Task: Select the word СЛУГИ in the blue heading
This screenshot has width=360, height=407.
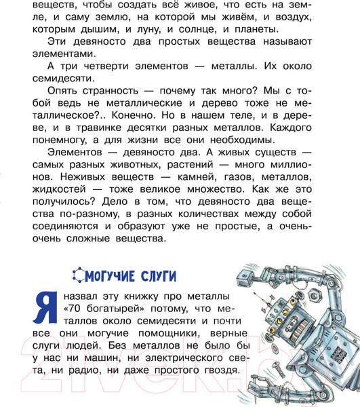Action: click(x=158, y=275)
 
